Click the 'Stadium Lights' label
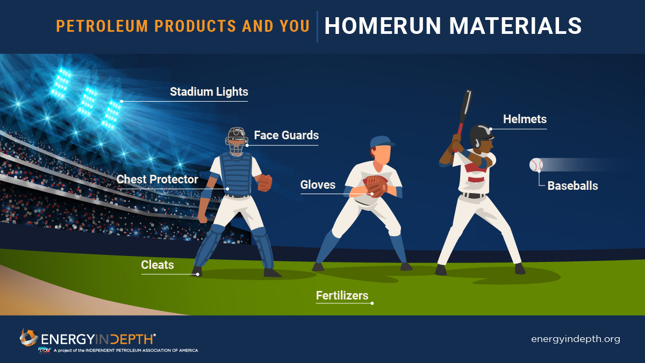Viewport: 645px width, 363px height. pyautogui.click(x=209, y=91)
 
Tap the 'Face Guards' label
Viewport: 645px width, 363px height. pyautogui.click(x=286, y=136)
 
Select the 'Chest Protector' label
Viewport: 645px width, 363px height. pyautogui.click(x=157, y=179)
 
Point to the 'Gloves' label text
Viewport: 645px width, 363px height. pyautogui.click(x=318, y=185)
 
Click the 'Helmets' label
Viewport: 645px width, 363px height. pyautogui.click(x=525, y=119)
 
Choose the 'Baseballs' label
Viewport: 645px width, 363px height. pyautogui.click(x=572, y=186)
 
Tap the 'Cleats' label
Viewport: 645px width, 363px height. pyautogui.click(x=157, y=265)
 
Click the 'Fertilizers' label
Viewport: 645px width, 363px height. pyautogui.click(x=342, y=295)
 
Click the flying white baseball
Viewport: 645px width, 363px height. pyautogui.click(x=536, y=165)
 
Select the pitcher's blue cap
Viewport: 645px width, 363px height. pyautogui.click(x=381, y=141)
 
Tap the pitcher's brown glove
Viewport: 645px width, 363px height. pyautogui.click(x=375, y=186)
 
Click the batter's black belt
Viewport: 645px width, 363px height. pyautogui.click(x=474, y=195)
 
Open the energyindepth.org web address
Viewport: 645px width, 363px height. pyautogui.click(x=575, y=339)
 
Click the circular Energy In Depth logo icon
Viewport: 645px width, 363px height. pyautogui.click(x=28, y=338)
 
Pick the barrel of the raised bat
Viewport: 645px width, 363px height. pyautogui.click(x=466, y=102)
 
